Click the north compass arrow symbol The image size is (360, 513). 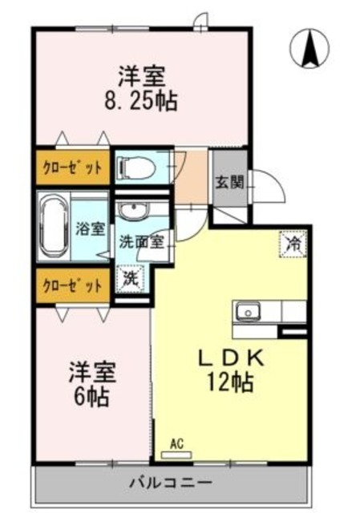pos(310,48)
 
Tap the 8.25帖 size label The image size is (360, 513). pos(141,101)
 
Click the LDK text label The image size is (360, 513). pos(232,358)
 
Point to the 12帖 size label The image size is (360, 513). pos(231,382)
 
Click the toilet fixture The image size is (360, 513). pos(137,168)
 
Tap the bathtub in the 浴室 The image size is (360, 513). pos(53,226)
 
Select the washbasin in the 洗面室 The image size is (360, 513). pos(133,210)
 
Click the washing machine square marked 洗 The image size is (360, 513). pos(131,278)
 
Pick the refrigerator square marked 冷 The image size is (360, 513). pos(293,244)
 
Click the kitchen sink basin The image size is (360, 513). pos(249,312)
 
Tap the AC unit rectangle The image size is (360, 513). pos(176,454)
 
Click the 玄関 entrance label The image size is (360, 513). pos(229,183)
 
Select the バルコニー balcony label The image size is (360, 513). pos(171,483)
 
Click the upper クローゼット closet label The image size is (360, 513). pos(72,168)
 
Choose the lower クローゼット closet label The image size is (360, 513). pos(72,286)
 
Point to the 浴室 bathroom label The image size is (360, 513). pos(91,229)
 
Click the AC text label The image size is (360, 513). pos(176,444)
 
